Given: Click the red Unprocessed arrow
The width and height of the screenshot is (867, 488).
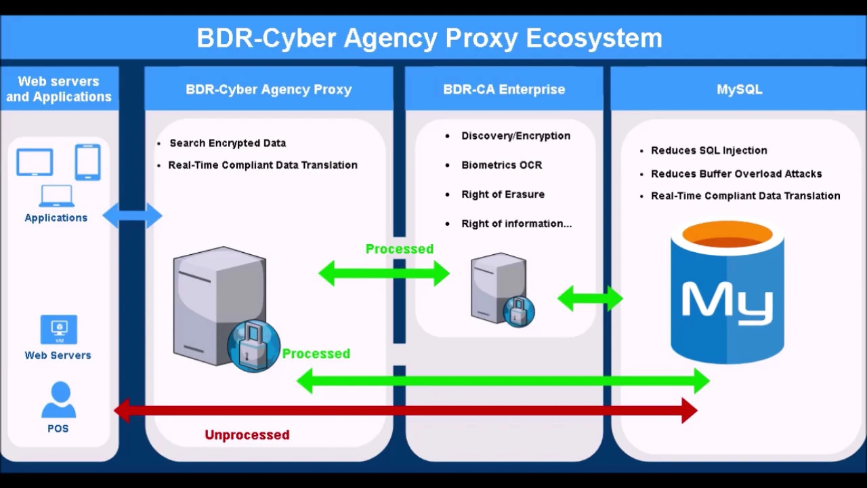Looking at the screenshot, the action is [406, 411].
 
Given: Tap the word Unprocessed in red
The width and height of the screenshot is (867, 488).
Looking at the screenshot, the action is [247, 435].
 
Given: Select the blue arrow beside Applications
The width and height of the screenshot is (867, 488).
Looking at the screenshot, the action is [132, 216].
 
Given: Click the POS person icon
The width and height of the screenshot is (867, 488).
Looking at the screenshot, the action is [59, 400].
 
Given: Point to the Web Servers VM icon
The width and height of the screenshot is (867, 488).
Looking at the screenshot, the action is [59, 329].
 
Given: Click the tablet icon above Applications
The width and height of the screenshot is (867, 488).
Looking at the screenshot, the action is [88, 162].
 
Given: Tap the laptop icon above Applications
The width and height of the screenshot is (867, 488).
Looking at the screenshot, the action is [56, 196].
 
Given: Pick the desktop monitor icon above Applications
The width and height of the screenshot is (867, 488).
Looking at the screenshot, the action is [35, 162].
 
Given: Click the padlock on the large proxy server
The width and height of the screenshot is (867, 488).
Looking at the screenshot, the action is [253, 346].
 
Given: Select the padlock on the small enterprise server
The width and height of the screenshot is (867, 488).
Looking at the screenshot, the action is [519, 312].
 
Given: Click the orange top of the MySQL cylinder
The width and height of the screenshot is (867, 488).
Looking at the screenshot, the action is [727, 235].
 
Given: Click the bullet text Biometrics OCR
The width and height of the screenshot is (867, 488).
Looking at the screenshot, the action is [502, 165].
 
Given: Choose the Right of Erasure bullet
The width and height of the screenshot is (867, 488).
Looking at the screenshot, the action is [503, 195].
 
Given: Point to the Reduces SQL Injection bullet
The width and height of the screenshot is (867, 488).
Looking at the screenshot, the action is [709, 150].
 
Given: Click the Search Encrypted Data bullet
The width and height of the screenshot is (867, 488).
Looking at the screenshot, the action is [228, 143].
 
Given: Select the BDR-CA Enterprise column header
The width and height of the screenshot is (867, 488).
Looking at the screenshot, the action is [504, 89].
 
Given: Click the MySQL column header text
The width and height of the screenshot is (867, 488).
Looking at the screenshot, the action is [739, 89].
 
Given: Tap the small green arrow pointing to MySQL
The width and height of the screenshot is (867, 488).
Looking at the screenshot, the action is [590, 299].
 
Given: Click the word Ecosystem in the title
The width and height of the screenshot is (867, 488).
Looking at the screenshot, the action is [594, 39].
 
